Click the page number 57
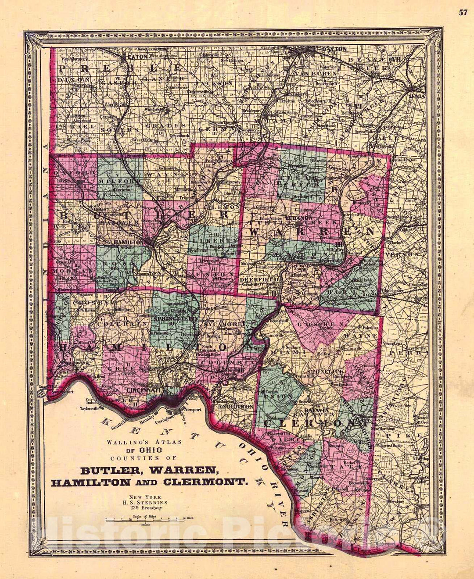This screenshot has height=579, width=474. (463, 12)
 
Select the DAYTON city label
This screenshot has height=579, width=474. (335, 49)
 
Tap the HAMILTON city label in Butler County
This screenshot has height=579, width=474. (128, 242)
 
